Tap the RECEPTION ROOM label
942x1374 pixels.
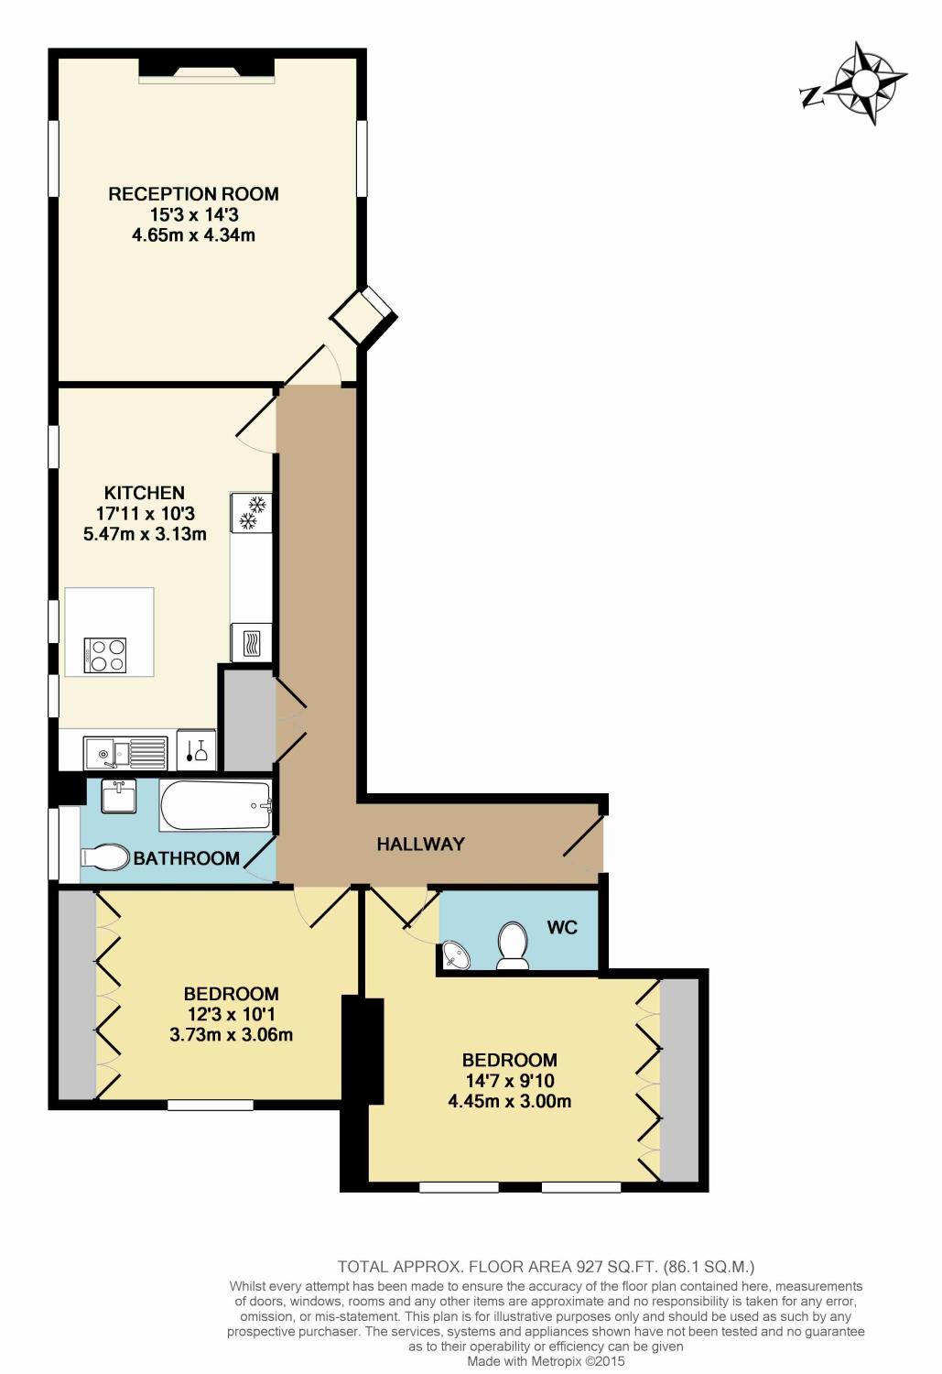click(193, 194)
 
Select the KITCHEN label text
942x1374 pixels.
click(145, 493)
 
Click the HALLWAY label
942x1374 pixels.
click(421, 845)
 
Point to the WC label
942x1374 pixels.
click(562, 927)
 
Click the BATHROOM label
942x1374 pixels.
click(187, 858)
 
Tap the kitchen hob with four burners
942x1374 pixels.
click(105, 655)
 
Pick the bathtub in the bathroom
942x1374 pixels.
click(216, 805)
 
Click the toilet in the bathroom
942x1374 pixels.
click(105, 857)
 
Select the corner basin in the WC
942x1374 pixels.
click(455, 956)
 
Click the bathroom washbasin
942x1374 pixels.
click(119, 795)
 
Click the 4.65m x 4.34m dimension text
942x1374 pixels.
click(193, 235)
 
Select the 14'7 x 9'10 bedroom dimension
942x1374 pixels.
click(509, 1081)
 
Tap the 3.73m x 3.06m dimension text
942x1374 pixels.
click(231, 1035)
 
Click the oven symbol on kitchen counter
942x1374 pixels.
click(252, 641)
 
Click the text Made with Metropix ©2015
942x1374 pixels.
click(546, 1362)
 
